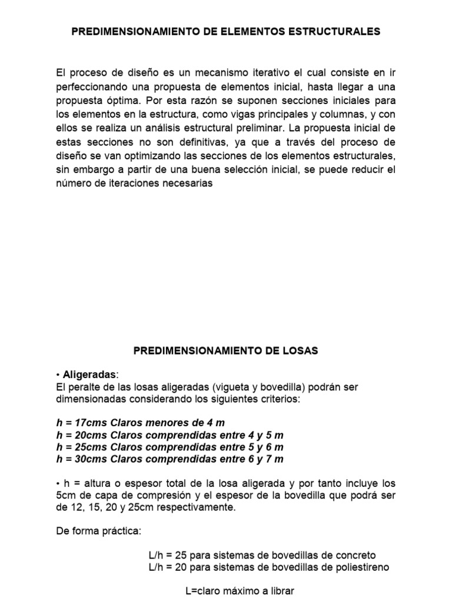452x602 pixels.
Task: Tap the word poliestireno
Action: coord(360,567)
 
